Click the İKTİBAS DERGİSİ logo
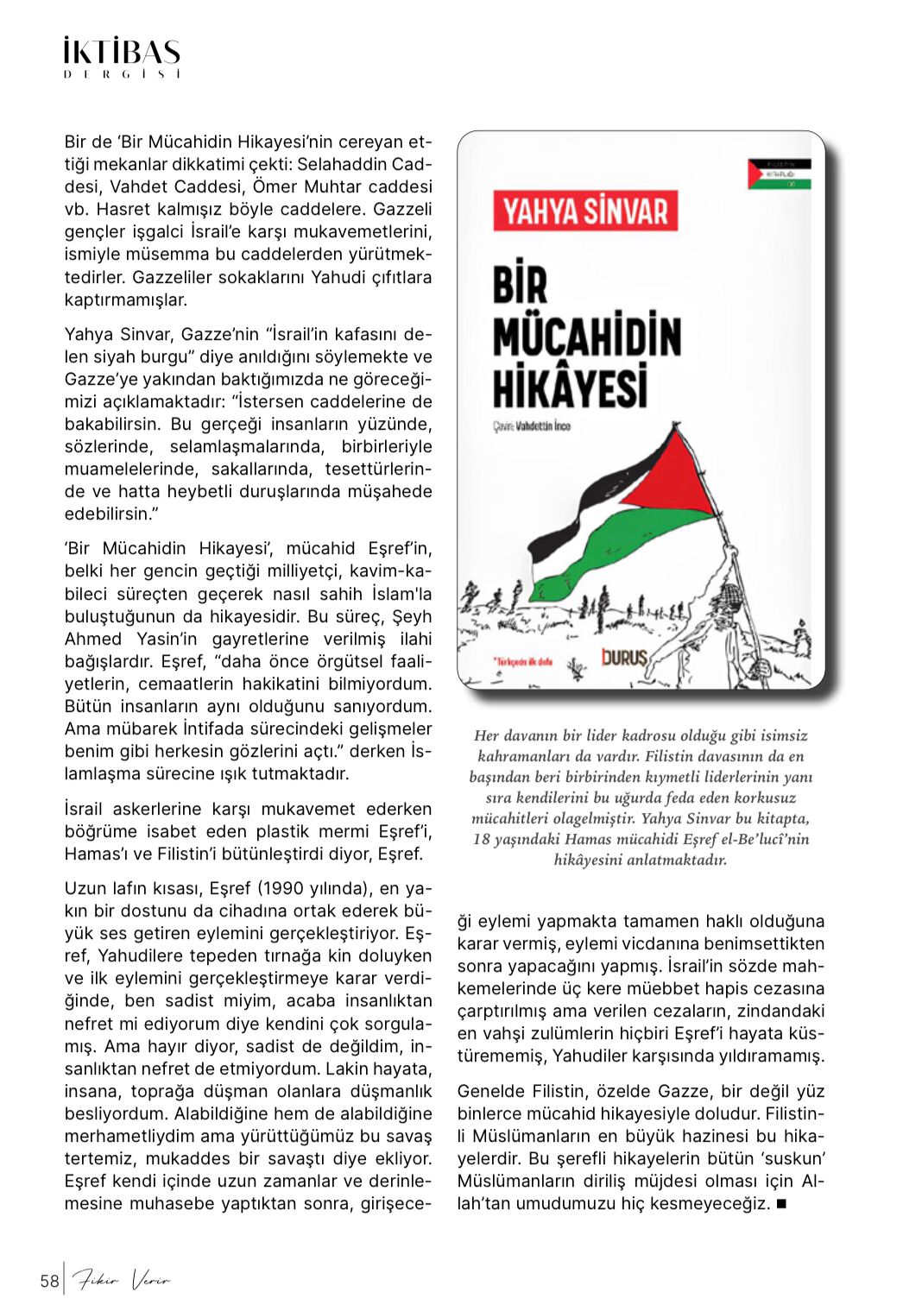(122, 57)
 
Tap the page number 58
(49, 1281)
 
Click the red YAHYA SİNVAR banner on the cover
(585, 211)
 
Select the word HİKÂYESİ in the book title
(570, 386)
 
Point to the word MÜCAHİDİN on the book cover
(587, 337)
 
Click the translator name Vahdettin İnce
(542, 426)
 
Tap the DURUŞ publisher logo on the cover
(623, 658)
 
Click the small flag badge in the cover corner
(779, 173)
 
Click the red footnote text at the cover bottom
(522, 662)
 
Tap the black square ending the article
(781, 1203)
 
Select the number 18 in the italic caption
(482, 839)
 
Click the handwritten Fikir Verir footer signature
(121, 1280)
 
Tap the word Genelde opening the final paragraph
(490, 1091)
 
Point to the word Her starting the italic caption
(486, 735)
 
